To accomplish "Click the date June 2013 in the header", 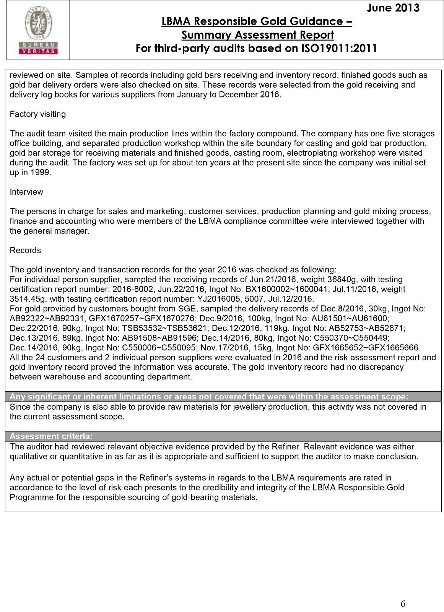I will pyautogui.click(x=393, y=8).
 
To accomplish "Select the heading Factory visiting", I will pyautogui.click(x=37, y=114).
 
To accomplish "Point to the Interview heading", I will pyautogui.click(x=26, y=192).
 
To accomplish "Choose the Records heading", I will pyautogui.click(x=25, y=250).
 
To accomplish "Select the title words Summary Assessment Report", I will pyautogui.click(x=257, y=35).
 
